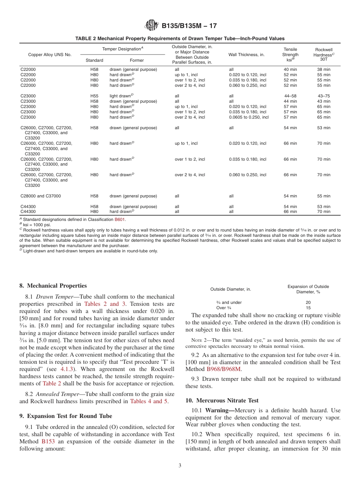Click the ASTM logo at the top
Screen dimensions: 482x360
(152, 26)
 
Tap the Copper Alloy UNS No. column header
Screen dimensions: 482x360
(44, 55)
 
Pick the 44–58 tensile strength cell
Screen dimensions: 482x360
(290, 96)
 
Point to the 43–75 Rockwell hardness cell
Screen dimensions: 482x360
(324, 96)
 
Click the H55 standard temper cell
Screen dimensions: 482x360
(94, 96)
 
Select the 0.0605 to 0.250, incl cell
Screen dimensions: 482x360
(249, 117)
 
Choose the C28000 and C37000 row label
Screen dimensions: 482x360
(41, 196)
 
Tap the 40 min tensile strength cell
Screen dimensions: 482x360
(290, 69)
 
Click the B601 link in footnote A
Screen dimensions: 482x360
(120, 219)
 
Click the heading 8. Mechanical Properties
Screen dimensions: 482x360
(53, 286)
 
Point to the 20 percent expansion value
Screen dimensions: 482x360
(308, 302)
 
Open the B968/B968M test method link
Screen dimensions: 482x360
(224, 369)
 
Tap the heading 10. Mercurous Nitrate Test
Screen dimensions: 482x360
(222, 401)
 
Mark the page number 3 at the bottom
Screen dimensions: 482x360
(180, 466)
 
